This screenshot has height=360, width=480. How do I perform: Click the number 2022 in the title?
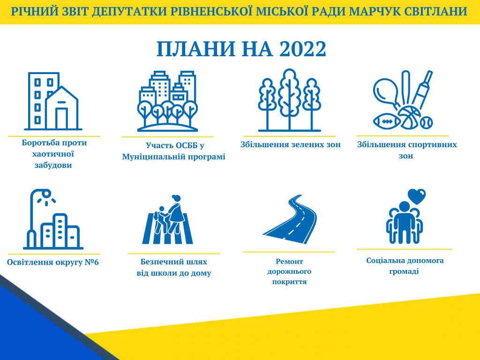[303, 49]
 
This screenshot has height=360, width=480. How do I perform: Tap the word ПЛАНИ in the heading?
[196, 49]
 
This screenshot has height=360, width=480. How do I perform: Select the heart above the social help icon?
[417, 196]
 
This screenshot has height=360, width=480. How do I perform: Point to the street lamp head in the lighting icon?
[46, 194]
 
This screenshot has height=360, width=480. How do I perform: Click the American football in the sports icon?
[387, 121]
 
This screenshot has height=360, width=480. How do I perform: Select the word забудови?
[53, 165]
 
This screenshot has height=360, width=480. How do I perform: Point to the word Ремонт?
[289, 262]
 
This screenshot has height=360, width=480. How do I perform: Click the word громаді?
[404, 271]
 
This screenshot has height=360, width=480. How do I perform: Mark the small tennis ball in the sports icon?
[427, 122]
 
